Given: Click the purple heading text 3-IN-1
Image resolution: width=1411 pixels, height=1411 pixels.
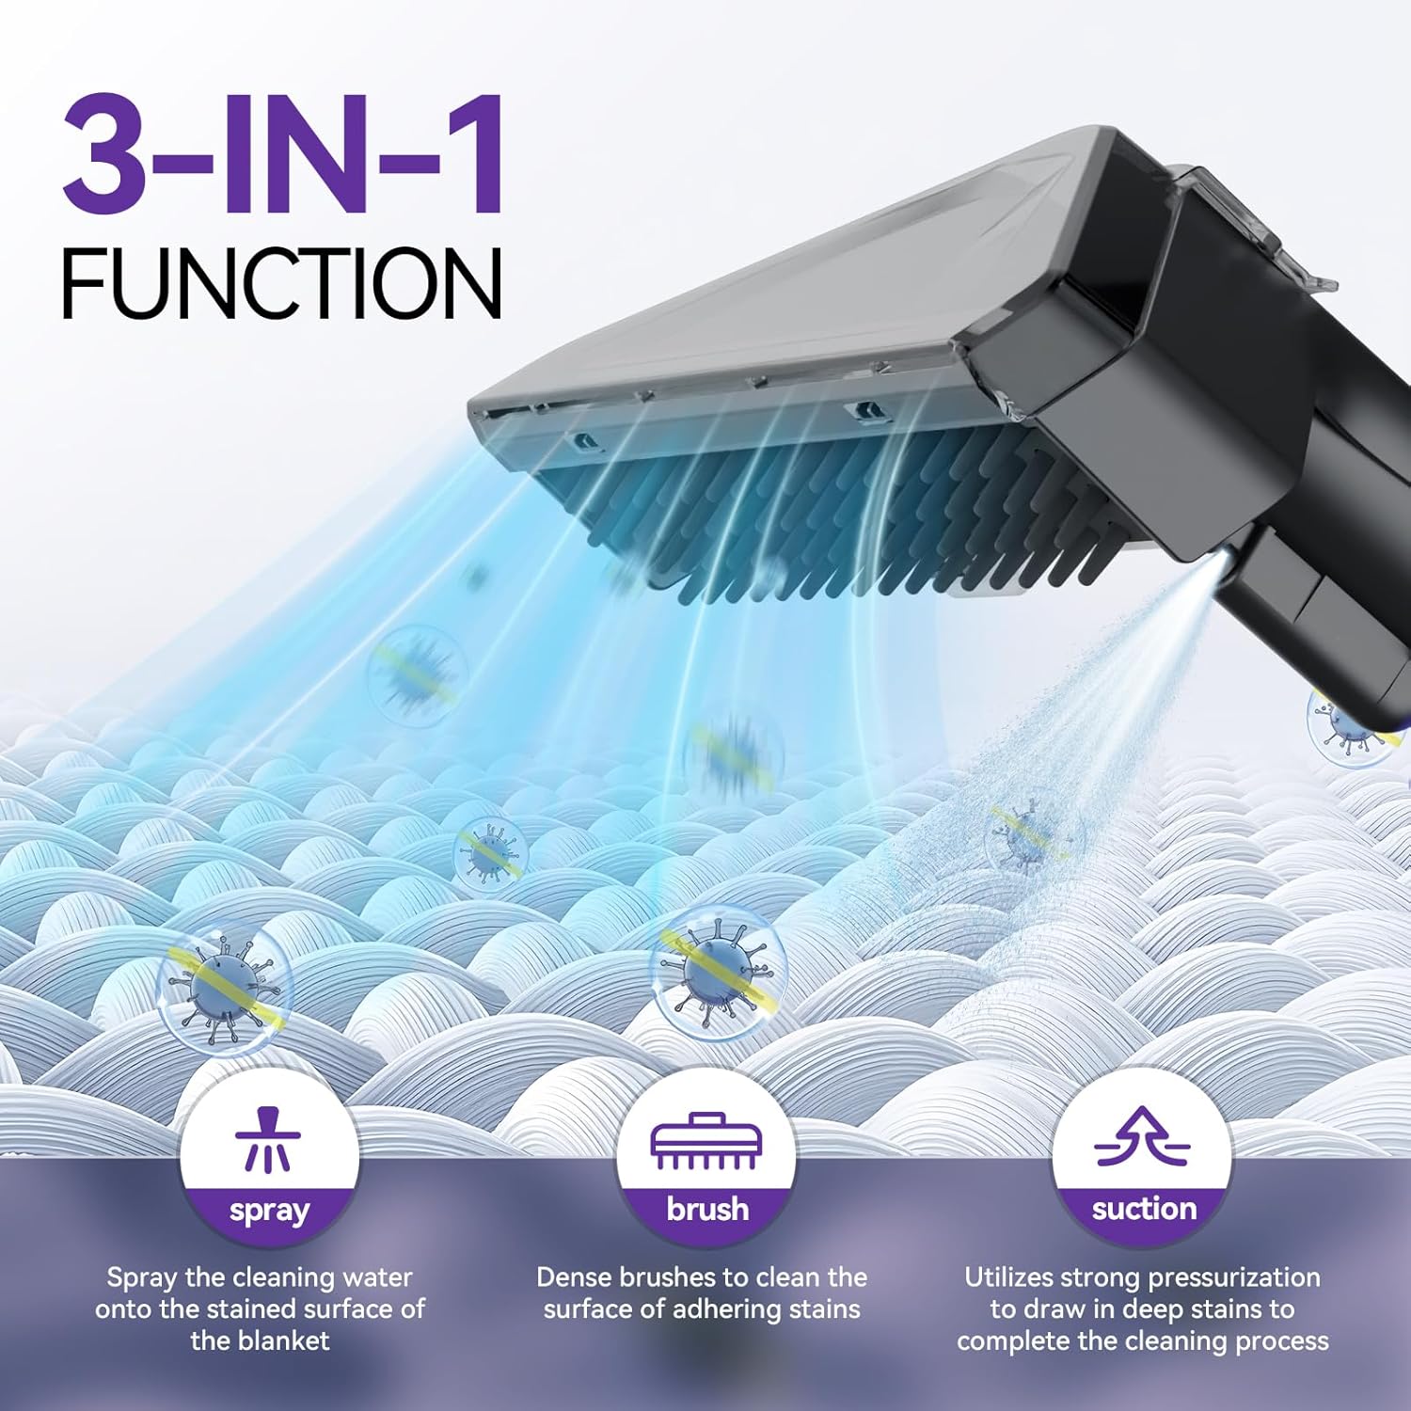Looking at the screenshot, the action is tap(282, 156).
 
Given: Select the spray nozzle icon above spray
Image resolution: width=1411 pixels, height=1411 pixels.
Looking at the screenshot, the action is tap(268, 1140).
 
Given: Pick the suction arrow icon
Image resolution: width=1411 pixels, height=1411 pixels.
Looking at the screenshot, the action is tap(1142, 1136).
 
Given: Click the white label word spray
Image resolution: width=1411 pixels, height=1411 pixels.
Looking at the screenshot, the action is tap(269, 1211).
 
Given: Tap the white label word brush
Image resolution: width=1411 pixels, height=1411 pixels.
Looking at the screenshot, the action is tap(707, 1209).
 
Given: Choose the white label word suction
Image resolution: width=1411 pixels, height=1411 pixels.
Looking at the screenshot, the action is tap(1144, 1209).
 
